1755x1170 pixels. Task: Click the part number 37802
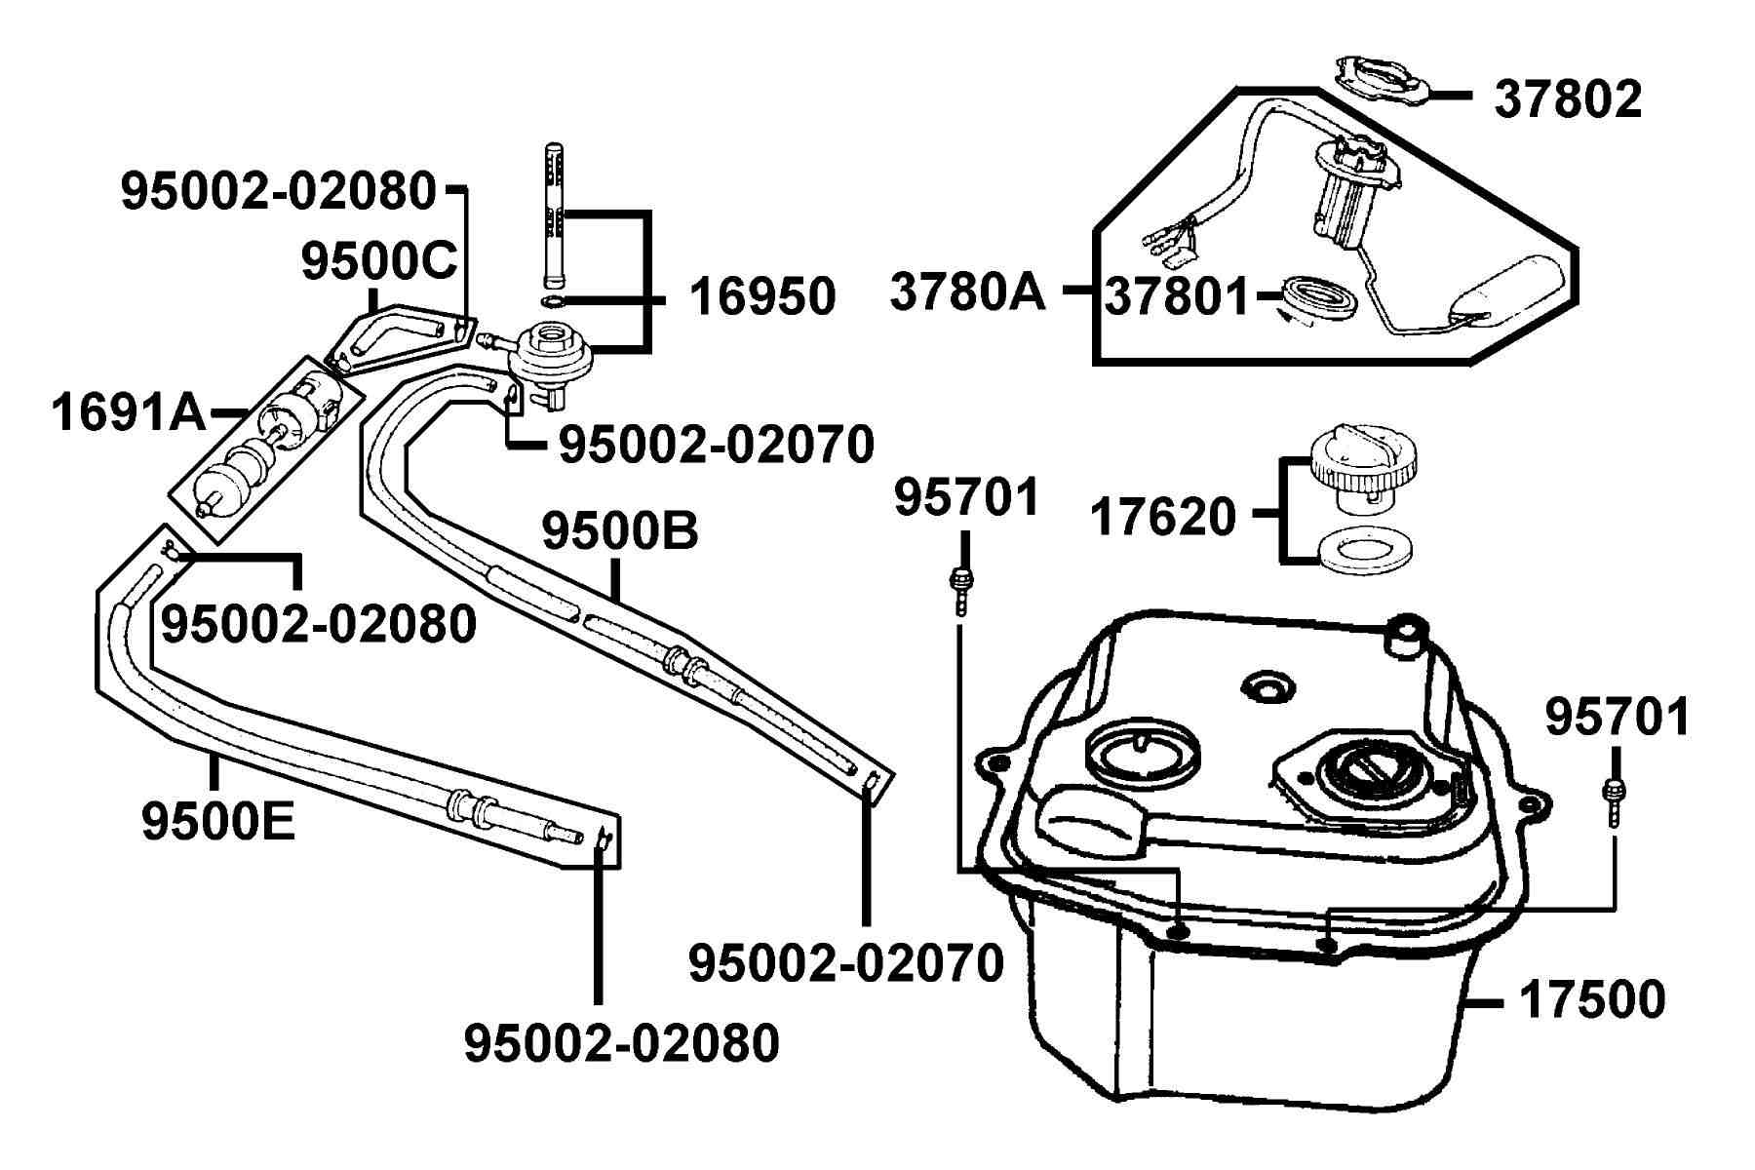pyautogui.click(x=1568, y=99)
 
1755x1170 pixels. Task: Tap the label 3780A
pyautogui.click(x=967, y=292)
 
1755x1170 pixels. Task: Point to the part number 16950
pyautogui.click(x=762, y=296)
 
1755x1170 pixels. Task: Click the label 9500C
pyautogui.click(x=379, y=260)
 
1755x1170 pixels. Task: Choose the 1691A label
pyautogui.click(x=129, y=412)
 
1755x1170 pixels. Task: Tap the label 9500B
pyautogui.click(x=620, y=531)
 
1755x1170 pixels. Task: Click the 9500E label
pyautogui.click(x=217, y=821)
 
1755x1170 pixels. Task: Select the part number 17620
pyautogui.click(x=1163, y=517)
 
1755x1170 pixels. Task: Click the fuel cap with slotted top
pyautogui.click(x=1362, y=470)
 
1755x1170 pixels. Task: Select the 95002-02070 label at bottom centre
pyautogui.click(x=846, y=963)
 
